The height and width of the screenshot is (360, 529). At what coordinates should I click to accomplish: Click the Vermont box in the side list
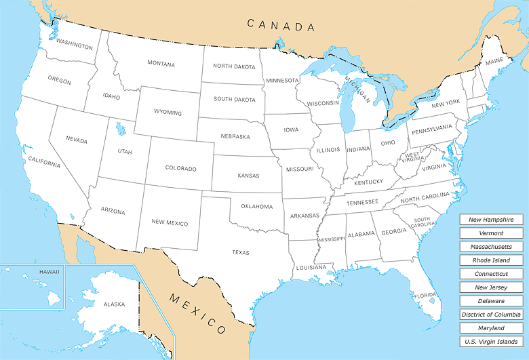[491, 233]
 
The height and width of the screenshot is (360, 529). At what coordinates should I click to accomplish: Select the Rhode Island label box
[491, 260]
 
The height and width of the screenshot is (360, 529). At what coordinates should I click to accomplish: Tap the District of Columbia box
[491, 315]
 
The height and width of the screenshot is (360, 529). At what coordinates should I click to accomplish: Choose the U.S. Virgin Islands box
[491, 342]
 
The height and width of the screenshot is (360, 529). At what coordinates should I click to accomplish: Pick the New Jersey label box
[491, 287]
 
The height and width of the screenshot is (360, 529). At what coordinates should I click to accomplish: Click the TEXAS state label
[241, 253]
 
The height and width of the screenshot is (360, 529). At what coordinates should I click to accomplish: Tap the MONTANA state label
[161, 64]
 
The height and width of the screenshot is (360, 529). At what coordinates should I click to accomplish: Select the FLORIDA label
[425, 296]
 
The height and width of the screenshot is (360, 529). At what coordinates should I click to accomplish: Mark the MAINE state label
[494, 62]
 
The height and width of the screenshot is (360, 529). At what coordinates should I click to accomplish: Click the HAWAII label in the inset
[49, 272]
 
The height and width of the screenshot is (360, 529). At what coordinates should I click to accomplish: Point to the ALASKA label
[114, 304]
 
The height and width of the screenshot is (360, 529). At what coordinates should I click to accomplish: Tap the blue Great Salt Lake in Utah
[121, 128]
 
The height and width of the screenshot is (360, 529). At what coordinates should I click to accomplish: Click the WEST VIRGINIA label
[412, 157]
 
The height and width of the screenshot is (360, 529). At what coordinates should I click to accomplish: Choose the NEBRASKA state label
[235, 136]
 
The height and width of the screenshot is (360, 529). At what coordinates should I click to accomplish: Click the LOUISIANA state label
[311, 268]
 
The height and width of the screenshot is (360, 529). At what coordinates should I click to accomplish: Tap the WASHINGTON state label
[75, 45]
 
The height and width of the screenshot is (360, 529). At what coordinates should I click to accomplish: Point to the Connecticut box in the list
[491, 274]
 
